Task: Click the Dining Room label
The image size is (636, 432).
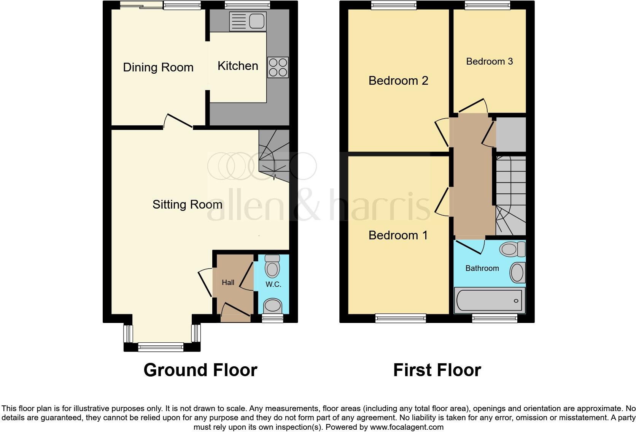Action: coord(158,68)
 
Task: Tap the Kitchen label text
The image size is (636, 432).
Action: coord(238,66)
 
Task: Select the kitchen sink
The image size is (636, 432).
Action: coord(247,21)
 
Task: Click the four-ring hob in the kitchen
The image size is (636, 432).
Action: coord(278,67)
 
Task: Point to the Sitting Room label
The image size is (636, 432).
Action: coord(187,205)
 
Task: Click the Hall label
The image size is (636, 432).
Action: coord(228,282)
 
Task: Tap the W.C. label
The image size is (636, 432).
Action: coord(273,284)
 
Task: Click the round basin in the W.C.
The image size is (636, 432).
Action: coord(272,305)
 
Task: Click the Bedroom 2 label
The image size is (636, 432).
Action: coord(398,81)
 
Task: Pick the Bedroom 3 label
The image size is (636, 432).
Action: coord(490,62)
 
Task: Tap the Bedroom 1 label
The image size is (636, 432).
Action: coord(398,236)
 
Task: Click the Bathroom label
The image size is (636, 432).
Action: coord(482,268)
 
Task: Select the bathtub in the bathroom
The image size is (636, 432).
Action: coord(490,300)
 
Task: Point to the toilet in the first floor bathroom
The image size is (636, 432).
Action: coord(512,249)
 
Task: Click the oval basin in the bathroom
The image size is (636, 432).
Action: coord(517,272)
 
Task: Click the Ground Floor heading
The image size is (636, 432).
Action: coord(200,370)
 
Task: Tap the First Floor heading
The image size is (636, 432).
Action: coord(437,370)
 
